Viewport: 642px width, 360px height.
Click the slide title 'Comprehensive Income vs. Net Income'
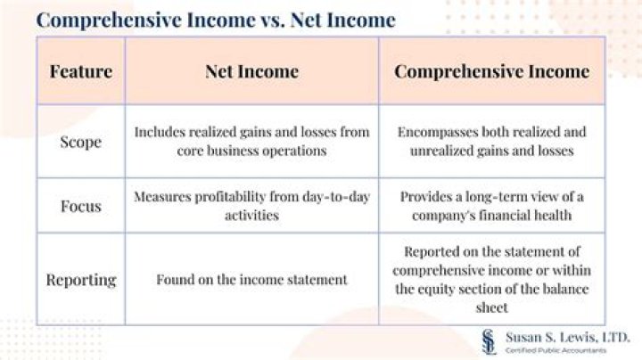(217, 19)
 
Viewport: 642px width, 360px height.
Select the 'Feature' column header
(80, 71)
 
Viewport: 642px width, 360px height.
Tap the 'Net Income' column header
(251, 71)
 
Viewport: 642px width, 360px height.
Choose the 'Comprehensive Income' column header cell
(491, 71)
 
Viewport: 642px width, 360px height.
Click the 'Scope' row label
(80, 141)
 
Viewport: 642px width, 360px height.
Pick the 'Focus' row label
(80, 206)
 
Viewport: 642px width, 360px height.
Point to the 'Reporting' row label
(80, 279)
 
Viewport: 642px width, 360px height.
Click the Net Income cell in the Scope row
(251, 141)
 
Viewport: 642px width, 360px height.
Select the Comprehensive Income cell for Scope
(491, 141)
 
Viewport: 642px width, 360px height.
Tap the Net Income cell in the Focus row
(251, 206)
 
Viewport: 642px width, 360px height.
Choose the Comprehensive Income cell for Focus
(491, 206)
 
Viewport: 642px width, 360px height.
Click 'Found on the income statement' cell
(251, 279)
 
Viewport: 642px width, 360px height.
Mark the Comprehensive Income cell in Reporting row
(491, 279)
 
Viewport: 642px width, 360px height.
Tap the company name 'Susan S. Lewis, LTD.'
(568, 336)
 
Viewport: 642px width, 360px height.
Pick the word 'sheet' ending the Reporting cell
(491, 307)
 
